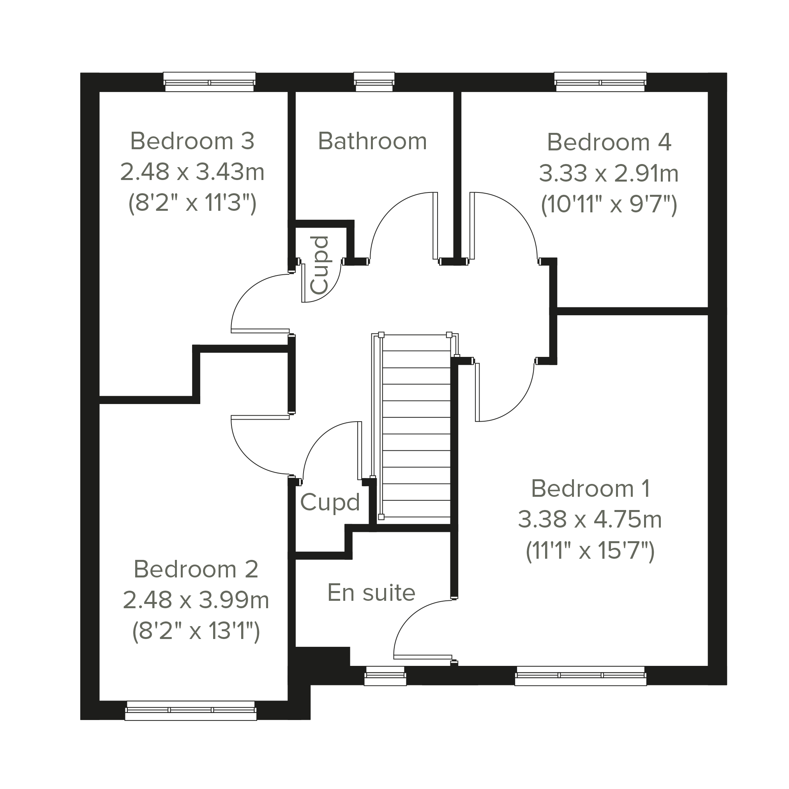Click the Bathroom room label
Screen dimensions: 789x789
pyautogui.click(x=372, y=141)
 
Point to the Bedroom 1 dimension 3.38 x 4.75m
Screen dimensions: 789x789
pyautogui.click(x=590, y=519)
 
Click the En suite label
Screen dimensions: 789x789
pyautogui.click(x=372, y=593)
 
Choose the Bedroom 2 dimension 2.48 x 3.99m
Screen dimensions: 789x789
pyautogui.click(x=196, y=600)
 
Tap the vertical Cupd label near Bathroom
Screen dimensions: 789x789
pyautogui.click(x=319, y=265)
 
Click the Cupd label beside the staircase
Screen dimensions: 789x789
pyautogui.click(x=330, y=502)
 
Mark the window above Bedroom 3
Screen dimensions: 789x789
pyautogui.click(x=210, y=82)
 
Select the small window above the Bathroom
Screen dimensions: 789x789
pyautogui.click(x=374, y=82)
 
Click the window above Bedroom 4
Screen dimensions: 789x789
pyautogui.click(x=600, y=82)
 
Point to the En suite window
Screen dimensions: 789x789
pyautogui.click(x=385, y=676)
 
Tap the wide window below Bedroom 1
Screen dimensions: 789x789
pyautogui.click(x=581, y=676)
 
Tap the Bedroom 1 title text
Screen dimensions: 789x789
pyautogui.click(x=591, y=489)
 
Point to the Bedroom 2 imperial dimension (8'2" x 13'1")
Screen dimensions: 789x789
pyautogui.click(x=196, y=631)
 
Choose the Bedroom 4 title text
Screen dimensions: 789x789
pyautogui.click(x=609, y=142)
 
